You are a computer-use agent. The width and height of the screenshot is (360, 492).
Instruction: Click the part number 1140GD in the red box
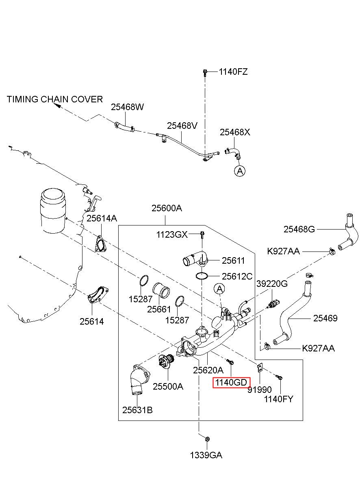click(231, 382)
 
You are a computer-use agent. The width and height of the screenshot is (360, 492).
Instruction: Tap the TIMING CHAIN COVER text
click(55, 99)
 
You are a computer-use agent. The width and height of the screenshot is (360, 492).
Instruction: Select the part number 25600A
click(167, 208)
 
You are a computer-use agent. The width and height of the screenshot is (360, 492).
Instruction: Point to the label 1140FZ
click(233, 72)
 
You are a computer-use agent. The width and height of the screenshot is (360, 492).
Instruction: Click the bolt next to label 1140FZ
click(205, 73)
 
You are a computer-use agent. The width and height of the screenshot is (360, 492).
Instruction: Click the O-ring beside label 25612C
click(202, 276)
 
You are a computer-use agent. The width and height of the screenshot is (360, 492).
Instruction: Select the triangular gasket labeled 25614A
click(100, 244)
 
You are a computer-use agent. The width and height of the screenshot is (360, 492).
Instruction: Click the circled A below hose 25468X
click(240, 171)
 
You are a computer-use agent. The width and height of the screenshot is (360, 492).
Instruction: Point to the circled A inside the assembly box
click(219, 289)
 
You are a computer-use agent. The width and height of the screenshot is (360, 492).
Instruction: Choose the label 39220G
click(272, 284)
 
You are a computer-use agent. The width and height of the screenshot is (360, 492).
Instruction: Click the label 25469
click(325, 318)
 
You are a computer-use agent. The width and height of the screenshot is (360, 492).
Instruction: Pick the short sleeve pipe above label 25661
click(161, 290)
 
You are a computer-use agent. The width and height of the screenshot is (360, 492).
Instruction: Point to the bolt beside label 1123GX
click(202, 235)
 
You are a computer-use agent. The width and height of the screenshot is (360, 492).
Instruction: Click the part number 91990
click(260, 390)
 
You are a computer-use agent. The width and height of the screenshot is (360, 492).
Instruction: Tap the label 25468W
click(127, 107)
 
